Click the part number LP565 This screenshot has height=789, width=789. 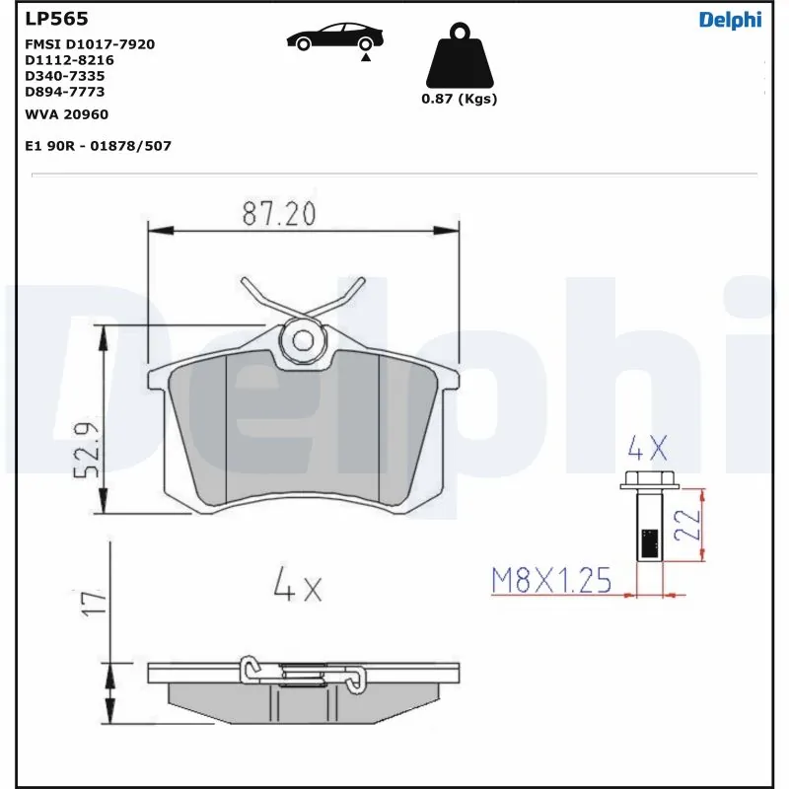(x=56, y=19)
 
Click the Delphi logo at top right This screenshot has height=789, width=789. (x=730, y=19)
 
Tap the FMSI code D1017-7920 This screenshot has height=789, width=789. (x=90, y=44)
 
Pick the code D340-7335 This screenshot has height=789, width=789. (x=64, y=76)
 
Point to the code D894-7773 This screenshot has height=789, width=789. (x=64, y=92)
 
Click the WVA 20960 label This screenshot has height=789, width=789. (x=66, y=114)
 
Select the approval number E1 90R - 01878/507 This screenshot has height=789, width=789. (x=98, y=145)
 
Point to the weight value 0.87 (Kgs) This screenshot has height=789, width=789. (x=459, y=99)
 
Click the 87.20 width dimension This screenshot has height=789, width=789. (x=278, y=213)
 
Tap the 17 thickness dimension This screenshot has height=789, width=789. (x=90, y=604)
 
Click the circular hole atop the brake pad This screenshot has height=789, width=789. (x=303, y=340)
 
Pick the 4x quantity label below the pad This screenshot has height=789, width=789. (x=297, y=588)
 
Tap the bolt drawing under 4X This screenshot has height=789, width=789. (x=647, y=523)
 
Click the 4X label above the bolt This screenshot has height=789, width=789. (x=648, y=451)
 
